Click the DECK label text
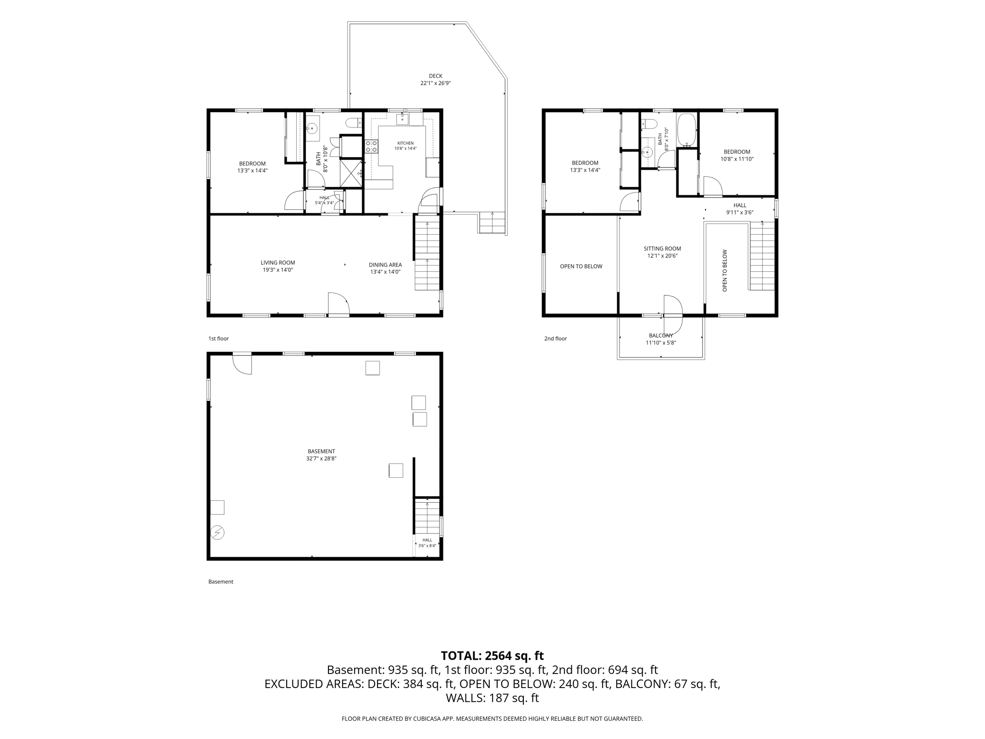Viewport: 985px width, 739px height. [x=436, y=76]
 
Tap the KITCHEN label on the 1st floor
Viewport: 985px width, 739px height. [x=405, y=143]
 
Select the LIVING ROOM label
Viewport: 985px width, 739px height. [x=278, y=263]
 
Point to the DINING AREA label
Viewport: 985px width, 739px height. [x=385, y=265]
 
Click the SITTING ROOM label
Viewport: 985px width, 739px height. [x=662, y=249]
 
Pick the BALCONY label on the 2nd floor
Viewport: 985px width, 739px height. [x=661, y=336]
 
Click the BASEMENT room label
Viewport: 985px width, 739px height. [x=321, y=451]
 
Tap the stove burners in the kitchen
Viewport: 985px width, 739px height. [x=371, y=146]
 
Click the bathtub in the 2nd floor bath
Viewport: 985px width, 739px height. [x=687, y=130]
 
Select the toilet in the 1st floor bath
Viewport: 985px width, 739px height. [x=355, y=123]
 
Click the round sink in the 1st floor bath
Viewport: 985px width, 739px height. [x=313, y=128]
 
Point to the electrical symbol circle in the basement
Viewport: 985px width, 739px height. [x=218, y=533]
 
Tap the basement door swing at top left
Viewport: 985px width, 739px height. [x=242, y=364]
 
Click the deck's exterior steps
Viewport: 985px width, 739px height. [x=492, y=222]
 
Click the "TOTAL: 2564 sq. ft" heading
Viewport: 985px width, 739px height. [x=492, y=656]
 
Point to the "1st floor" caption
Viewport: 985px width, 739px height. [x=218, y=339]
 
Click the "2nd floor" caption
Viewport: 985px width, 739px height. [x=556, y=339]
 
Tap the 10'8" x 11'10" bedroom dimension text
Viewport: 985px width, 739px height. [x=737, y=159]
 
